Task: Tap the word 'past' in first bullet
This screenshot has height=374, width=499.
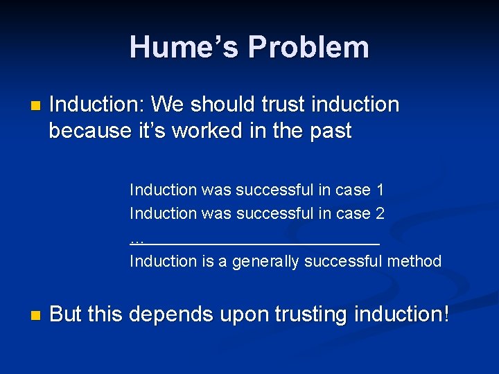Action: coord(330,130)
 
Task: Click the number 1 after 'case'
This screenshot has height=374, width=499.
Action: coord(380,190)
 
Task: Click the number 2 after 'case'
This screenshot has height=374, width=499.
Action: coord(380,213)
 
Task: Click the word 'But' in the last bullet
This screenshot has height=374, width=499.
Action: coord(66,314)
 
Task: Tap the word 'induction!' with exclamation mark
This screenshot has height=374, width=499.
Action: coord(402,314)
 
